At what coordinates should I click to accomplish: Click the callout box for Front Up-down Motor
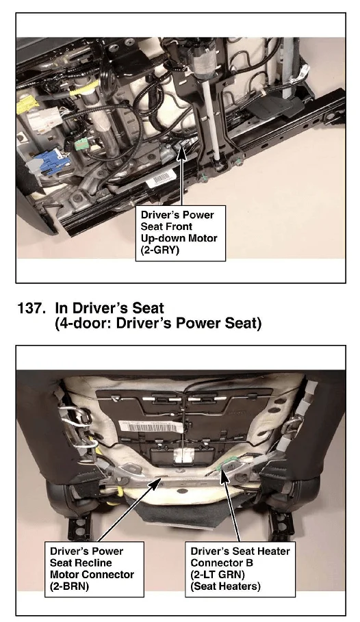pos(181,233)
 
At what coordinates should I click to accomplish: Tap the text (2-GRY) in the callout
pos(160,250)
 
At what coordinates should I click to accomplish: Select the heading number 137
pos(31,308)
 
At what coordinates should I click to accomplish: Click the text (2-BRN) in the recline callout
pos(69,586)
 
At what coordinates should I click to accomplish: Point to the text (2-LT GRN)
pos(218,574)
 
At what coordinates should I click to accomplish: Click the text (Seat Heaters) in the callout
pos(225,586)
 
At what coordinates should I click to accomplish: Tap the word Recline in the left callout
pos(93,563)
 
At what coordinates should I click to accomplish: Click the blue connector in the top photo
pos(49,164)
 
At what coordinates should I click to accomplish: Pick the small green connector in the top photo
pos(81,145)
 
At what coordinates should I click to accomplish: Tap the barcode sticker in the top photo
pos(161,180)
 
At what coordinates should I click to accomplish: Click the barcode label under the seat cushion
pos(151,427)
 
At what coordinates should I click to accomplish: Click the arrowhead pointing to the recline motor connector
pos(157,482)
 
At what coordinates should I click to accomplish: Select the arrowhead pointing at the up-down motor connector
pos(181,152)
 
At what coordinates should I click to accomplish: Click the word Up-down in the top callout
pos(162,238)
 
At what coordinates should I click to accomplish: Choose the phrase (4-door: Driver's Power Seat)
pos(158,323)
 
